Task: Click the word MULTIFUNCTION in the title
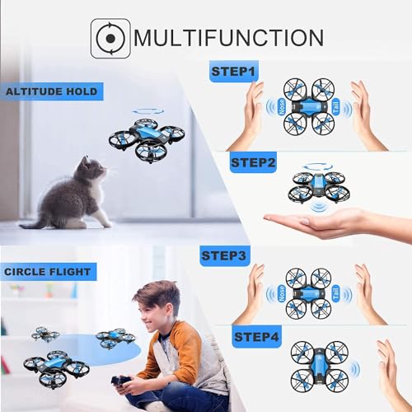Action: click(x=228, y=39)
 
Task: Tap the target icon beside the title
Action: click(x=110, y=39)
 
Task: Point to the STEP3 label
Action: click(x=225, y=257)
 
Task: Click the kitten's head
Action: click(x=91, y=171)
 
